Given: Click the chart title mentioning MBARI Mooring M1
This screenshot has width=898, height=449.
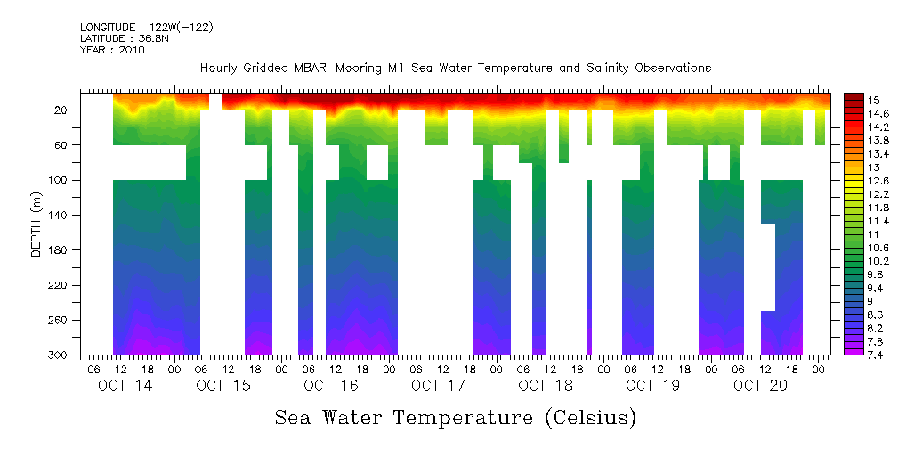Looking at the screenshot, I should (x=455, y=69).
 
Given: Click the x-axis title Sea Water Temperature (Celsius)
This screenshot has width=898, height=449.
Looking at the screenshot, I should (x=455, y=417).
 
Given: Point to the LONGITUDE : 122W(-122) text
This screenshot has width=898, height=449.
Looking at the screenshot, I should (x=146, y=28).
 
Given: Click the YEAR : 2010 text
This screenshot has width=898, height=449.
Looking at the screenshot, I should (x=112, y=50).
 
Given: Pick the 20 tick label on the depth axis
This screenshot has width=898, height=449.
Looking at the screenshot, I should (x=62, y=110).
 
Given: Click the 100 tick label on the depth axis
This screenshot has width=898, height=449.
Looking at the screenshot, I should (x=60, y=180).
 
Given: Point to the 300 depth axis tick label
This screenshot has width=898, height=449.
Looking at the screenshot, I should (x=60, y=355).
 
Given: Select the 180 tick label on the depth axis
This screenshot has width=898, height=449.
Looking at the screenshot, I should (x=60, y=250).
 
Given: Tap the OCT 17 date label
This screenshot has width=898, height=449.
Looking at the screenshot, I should (x=438, y=386).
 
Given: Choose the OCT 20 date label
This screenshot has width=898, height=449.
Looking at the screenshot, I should (x=760, y=386).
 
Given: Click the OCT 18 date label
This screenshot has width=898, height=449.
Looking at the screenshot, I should (x=546, y=386).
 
